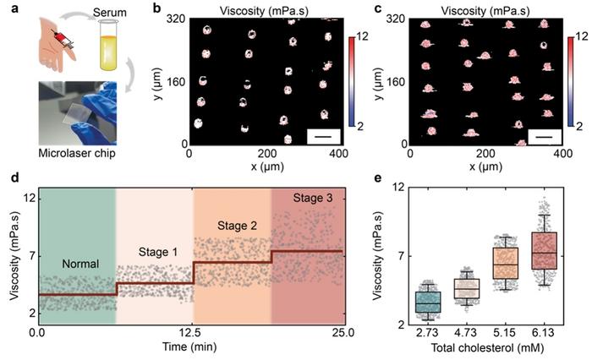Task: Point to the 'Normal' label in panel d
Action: pos(76,264)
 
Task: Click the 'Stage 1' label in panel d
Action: pos(154,252)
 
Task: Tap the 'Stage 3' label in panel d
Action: pos(306,198)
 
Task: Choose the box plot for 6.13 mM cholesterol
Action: pos(544,251)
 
